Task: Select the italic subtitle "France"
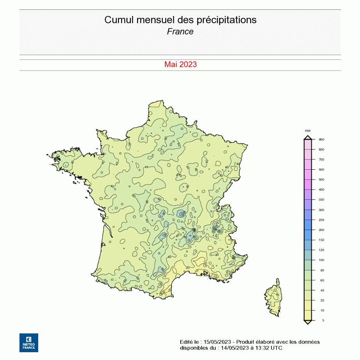(180, 32)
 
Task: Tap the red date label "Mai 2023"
(180, 64)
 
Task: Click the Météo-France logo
(29, 343)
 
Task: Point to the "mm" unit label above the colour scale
(308, 131)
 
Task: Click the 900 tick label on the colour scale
(321, 139)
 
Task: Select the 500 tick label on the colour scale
(321, 179)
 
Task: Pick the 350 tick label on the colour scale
(321, 200)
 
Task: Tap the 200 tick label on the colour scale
(321, 230)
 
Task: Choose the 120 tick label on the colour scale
(321, 250)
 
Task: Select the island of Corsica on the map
(274, 298)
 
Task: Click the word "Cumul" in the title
(117, 20)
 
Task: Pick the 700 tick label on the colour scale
(321, 160)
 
